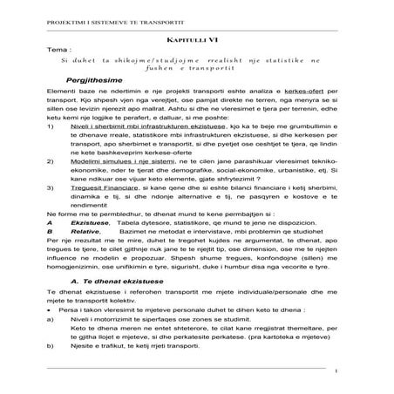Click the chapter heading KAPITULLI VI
point(196,41)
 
